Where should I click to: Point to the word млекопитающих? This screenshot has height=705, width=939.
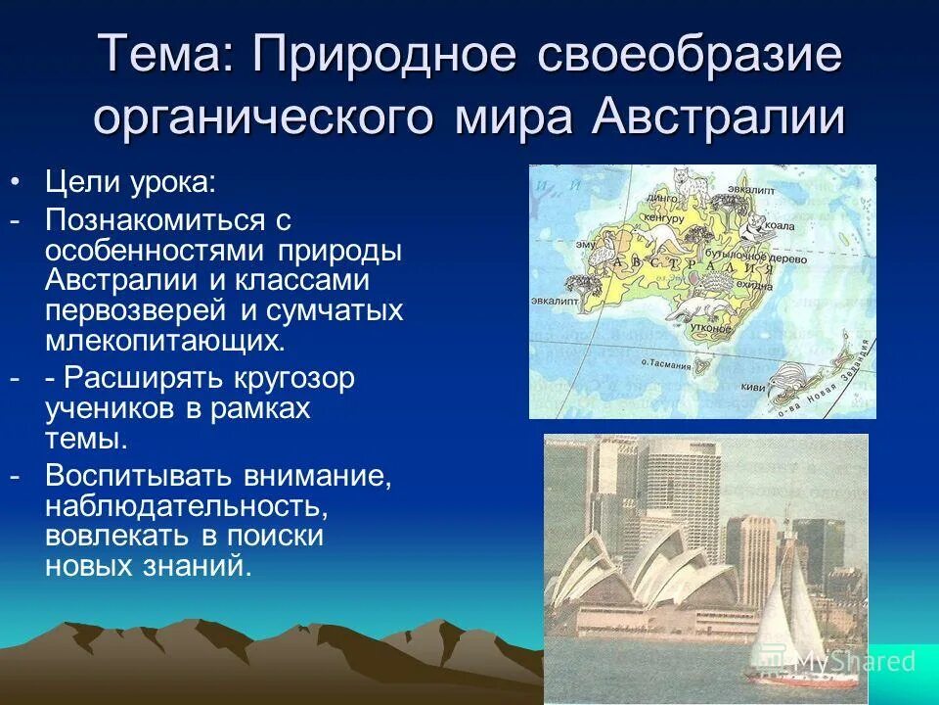165,340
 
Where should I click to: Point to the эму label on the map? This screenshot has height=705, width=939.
585,244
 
